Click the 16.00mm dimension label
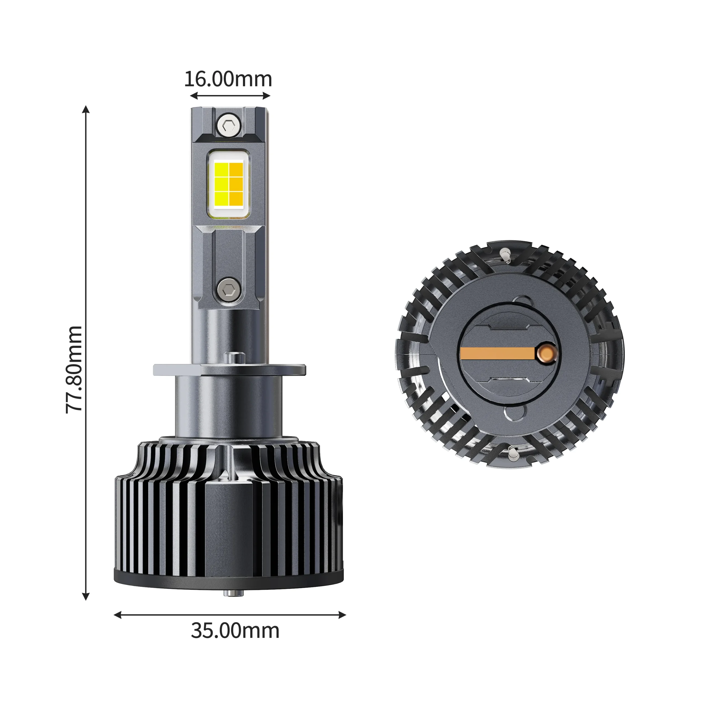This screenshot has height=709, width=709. (228, 79)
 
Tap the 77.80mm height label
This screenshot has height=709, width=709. (74, 369)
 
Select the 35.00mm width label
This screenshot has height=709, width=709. (235, 630)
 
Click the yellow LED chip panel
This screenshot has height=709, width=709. (229, 184)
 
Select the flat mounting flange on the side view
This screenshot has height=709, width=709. (229, 369)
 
